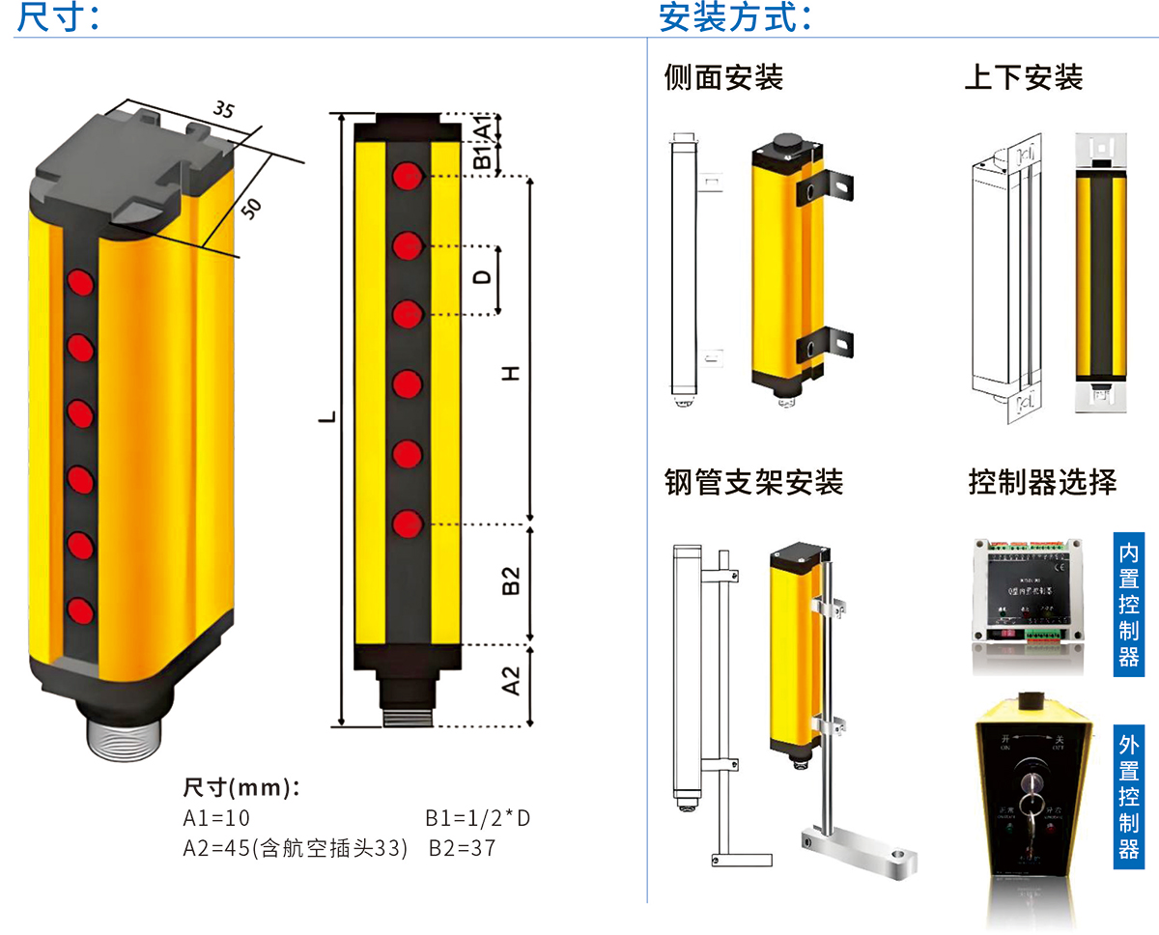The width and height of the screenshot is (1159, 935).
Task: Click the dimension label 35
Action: coord(223,109)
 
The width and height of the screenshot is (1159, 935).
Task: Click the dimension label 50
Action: coord(251,208)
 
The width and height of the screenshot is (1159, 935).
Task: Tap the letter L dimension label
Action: coord(328,417)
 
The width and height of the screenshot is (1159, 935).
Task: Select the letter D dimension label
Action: coord(483,277)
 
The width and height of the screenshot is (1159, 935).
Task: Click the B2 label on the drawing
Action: coord(512,581)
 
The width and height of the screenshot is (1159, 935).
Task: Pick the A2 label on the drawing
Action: coord(512,682)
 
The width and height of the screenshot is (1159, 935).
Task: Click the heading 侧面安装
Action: coord(723,77)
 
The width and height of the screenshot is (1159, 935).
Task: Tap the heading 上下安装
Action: coord(1023,77)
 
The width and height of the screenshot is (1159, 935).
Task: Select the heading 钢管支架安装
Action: coord(753,481)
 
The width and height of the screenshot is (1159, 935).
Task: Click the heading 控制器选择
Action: coord(1042,481)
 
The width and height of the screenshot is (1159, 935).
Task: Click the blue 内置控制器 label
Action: coord(1128,605)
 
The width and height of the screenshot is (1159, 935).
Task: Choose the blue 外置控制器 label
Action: coord(1128,796)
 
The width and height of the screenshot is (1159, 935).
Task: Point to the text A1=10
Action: coord(216,819)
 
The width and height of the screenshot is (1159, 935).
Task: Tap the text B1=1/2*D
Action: coord(478,819)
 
